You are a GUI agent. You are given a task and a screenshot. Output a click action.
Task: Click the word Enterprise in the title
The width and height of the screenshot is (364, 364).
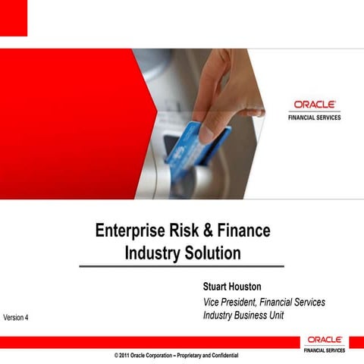coord(131,231)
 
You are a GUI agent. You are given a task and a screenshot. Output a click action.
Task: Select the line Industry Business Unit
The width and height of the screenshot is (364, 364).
coord(243,315)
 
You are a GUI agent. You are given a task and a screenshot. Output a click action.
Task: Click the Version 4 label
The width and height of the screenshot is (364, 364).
coord(16,316)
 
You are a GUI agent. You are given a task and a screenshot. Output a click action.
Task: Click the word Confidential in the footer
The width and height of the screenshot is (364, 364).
coord(222,355)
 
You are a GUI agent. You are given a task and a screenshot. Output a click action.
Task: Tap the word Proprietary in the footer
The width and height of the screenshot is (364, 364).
coord(186,355)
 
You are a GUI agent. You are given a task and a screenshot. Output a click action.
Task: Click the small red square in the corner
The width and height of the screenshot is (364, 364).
coord(13,17)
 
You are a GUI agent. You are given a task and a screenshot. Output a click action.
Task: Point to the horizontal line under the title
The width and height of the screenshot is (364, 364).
coord(182,266)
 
